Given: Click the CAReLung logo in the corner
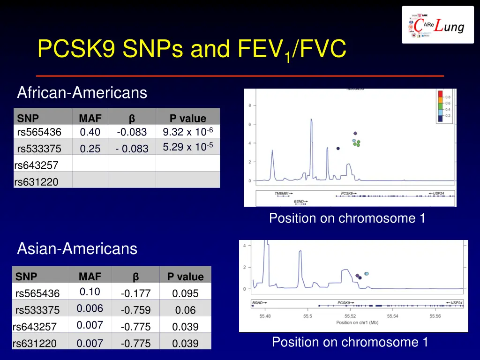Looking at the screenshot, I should (437, 25).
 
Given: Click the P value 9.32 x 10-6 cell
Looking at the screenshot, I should (187, 132).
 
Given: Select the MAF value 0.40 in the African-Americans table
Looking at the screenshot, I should (90, 133).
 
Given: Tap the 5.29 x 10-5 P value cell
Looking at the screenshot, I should (187, 148).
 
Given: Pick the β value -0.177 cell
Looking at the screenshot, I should (135, 294).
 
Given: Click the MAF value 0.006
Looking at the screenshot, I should (90, 308).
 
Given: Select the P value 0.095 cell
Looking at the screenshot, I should (185, 294).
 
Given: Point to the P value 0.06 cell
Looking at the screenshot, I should (185, 310).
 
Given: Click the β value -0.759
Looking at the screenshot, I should (135, 310).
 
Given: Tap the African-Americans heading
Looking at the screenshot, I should (82, 93).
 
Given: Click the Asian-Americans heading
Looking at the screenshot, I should (77, 248).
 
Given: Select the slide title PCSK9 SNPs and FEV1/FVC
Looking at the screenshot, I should (192, 50).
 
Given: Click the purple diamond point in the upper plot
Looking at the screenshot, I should (355, 134).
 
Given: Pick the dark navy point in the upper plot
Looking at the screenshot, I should (338, 149).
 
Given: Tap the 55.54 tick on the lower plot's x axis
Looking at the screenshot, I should (393, 316).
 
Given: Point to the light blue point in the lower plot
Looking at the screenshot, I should (367, 273).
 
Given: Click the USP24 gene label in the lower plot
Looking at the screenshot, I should (454, 303).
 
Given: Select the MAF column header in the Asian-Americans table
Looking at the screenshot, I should (90, 277).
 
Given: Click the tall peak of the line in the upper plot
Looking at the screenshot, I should (311, 120).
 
